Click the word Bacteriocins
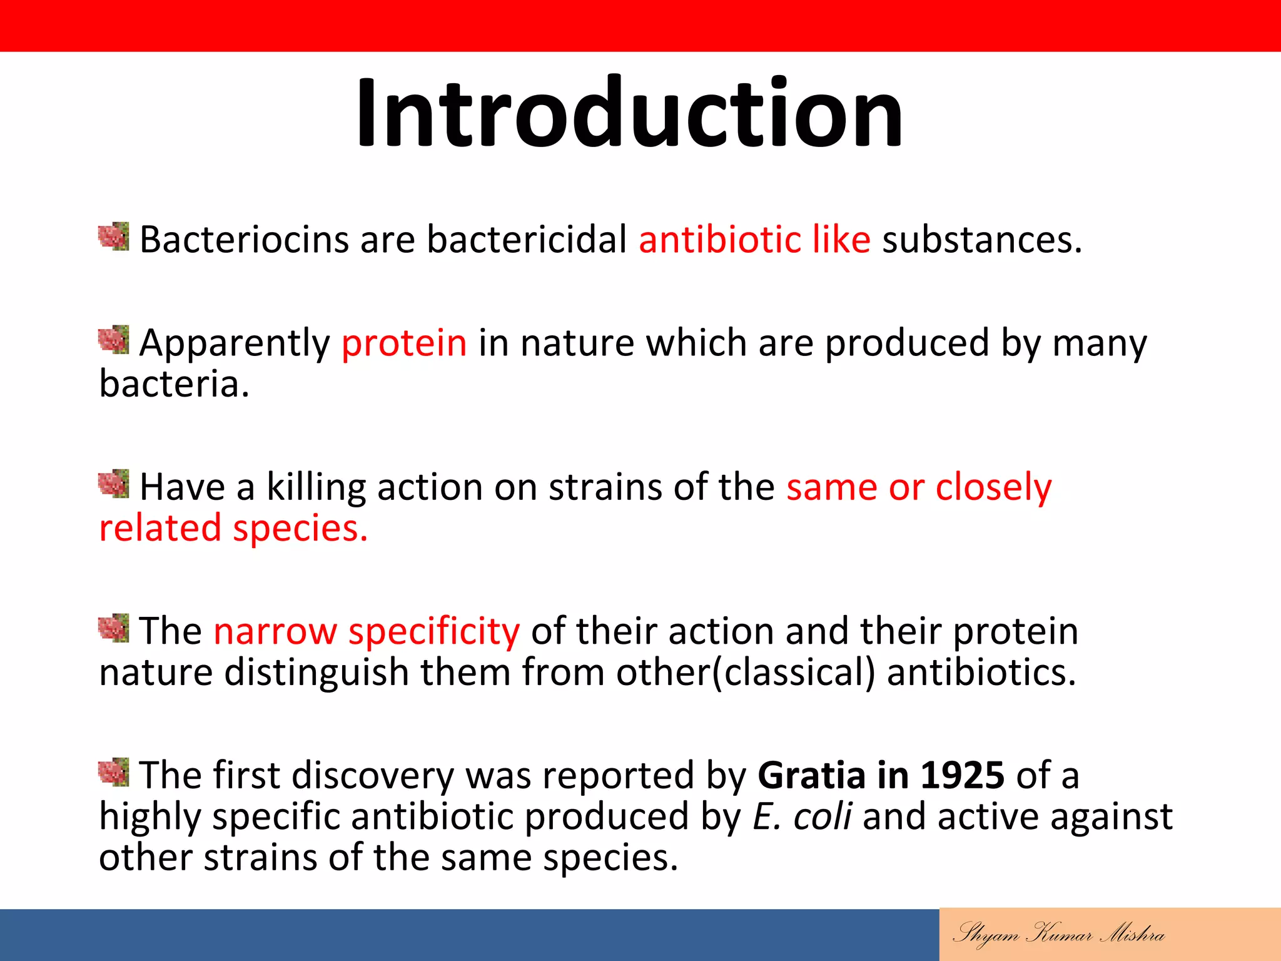point(244,239)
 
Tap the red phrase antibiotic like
point(754,239)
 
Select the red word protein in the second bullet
point(404,343)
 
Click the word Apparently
point(235,343)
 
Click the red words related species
point(233,528)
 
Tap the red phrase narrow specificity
point(366,631)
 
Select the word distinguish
point(316,673)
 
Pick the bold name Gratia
point(811,775)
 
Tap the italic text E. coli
point(802,816)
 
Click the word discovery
point(373,775)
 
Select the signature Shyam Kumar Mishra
point(1058,934)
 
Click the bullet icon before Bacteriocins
point(114,236)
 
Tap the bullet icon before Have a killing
point(114,484)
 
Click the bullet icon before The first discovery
point(114,772)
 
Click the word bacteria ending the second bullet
point(173,384)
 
